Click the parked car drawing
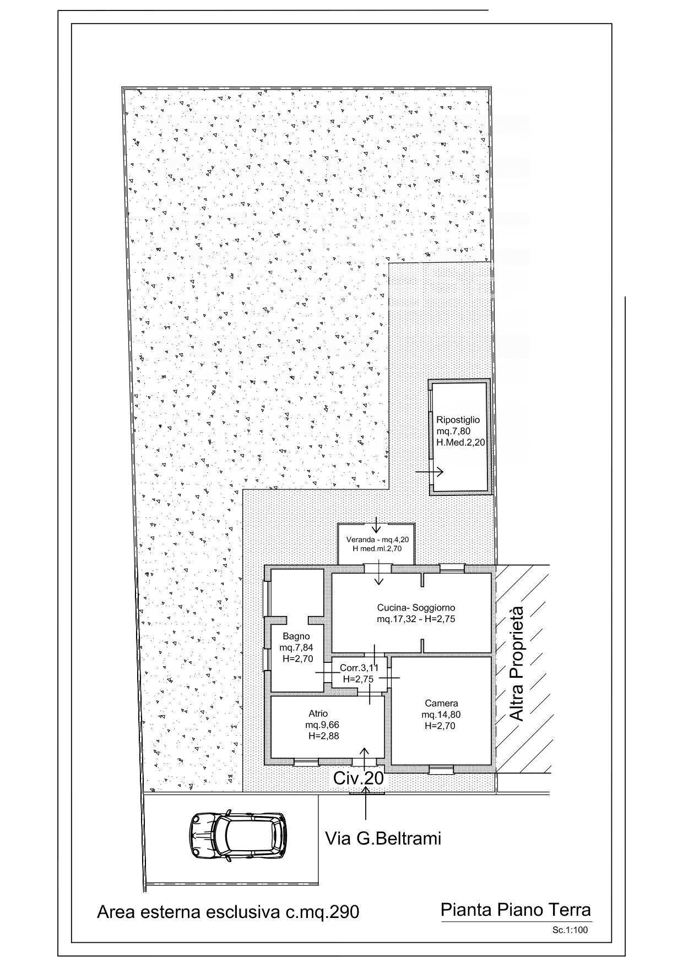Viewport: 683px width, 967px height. tap(237, 836)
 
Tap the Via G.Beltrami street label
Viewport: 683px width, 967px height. tap(383, 839)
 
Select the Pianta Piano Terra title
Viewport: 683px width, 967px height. tap(516, 910)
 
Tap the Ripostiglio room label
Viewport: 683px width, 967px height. tap(458, 420)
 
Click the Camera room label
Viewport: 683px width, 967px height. tap(441, 704)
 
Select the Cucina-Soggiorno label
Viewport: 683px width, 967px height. tap(416, 608)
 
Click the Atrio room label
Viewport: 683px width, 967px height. tap(318, 714)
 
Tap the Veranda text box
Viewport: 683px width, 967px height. tap(377, 544)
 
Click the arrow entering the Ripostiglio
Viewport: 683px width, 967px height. tap(430, 472)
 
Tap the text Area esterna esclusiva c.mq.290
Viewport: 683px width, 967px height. tap(228, 912)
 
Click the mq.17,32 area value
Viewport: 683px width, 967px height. tap(392, 619)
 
